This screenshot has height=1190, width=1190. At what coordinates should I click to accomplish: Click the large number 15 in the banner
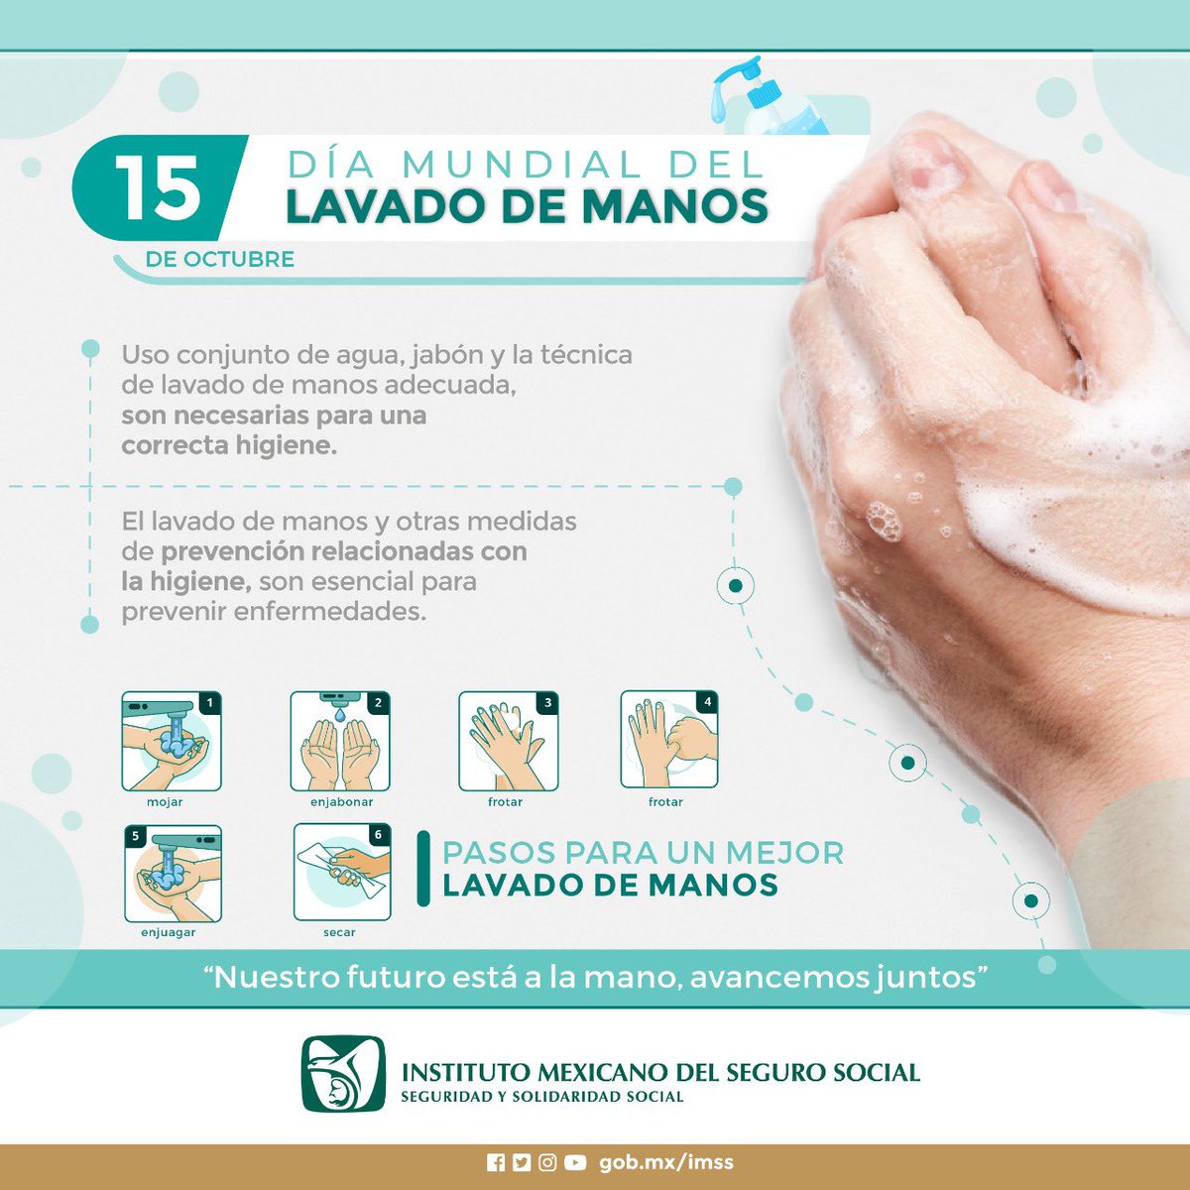tap(159, 188)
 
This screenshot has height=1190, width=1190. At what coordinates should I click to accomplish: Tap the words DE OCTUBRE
tap(219, 260)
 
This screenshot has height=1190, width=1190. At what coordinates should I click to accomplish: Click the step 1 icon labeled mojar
tap(172, 742)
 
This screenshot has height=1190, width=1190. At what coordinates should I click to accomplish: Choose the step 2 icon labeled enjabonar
tap(340, 742)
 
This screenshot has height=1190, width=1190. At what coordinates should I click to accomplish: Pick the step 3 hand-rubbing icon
tap(508, 742)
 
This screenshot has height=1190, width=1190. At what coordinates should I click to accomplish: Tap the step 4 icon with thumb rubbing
tap(669, 742)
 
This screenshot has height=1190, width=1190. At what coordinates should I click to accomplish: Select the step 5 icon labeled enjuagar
tap(173, 874)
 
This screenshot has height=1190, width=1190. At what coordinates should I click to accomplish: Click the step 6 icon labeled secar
tap(342, 873)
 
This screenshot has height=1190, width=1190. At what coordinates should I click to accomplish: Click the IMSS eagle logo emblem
tap(342, 1074)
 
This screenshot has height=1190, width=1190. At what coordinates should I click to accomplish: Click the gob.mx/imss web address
tap(665, 1162)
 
